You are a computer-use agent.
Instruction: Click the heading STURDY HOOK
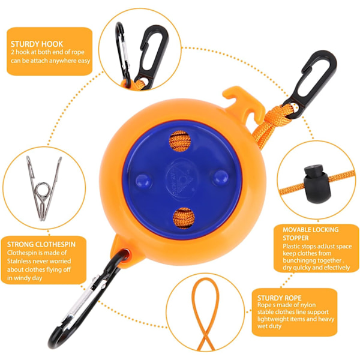(37, 44)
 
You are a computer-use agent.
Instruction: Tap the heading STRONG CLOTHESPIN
(41, 244)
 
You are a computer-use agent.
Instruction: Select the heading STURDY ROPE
(279, 298)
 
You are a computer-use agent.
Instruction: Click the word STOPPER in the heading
(295, 238)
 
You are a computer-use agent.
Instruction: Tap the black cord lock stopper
(317, 184)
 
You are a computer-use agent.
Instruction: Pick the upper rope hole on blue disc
(180, 141)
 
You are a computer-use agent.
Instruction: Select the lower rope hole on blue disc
(184, 218)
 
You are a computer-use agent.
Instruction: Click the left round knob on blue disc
(143, 181)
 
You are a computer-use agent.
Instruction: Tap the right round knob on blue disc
(221, 178)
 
